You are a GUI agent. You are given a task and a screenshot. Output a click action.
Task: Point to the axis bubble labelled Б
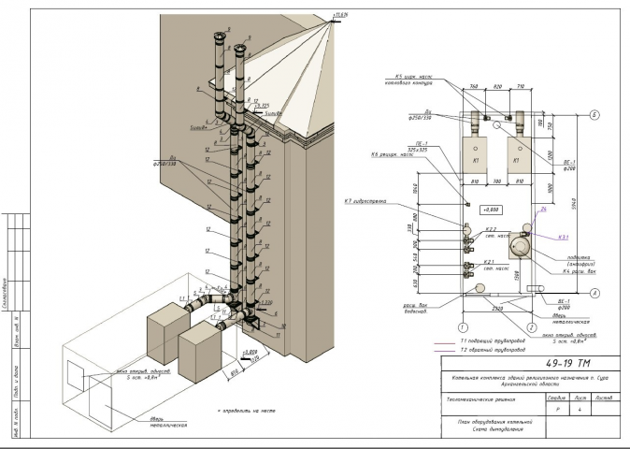pos(594,116)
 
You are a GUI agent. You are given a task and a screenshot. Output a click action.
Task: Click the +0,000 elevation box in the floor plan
pos(490,210)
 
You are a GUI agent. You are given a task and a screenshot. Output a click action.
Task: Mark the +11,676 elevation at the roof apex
pos(339,15)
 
